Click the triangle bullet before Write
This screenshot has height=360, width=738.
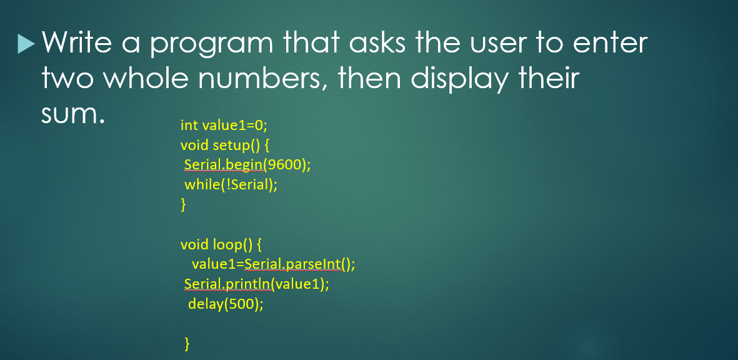(26, 43)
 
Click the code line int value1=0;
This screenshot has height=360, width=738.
(223, 125)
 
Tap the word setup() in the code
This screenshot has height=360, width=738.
(234, 145)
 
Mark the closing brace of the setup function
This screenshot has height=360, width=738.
(183, 204)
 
